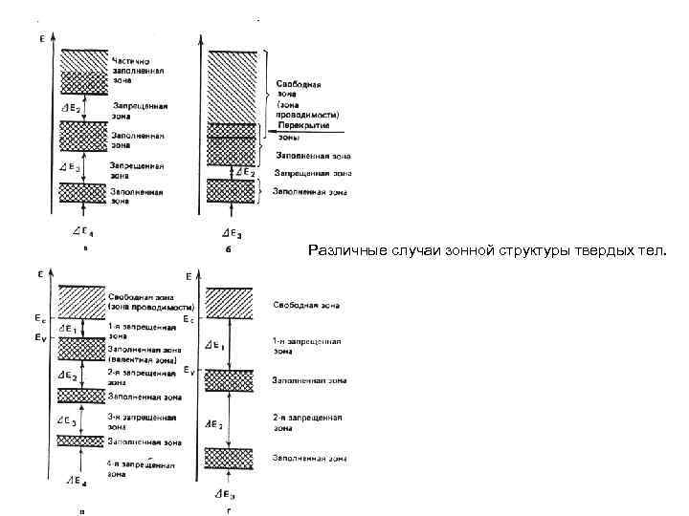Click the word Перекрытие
300,126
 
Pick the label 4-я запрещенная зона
140,468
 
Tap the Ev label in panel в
39,336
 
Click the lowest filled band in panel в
83,441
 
